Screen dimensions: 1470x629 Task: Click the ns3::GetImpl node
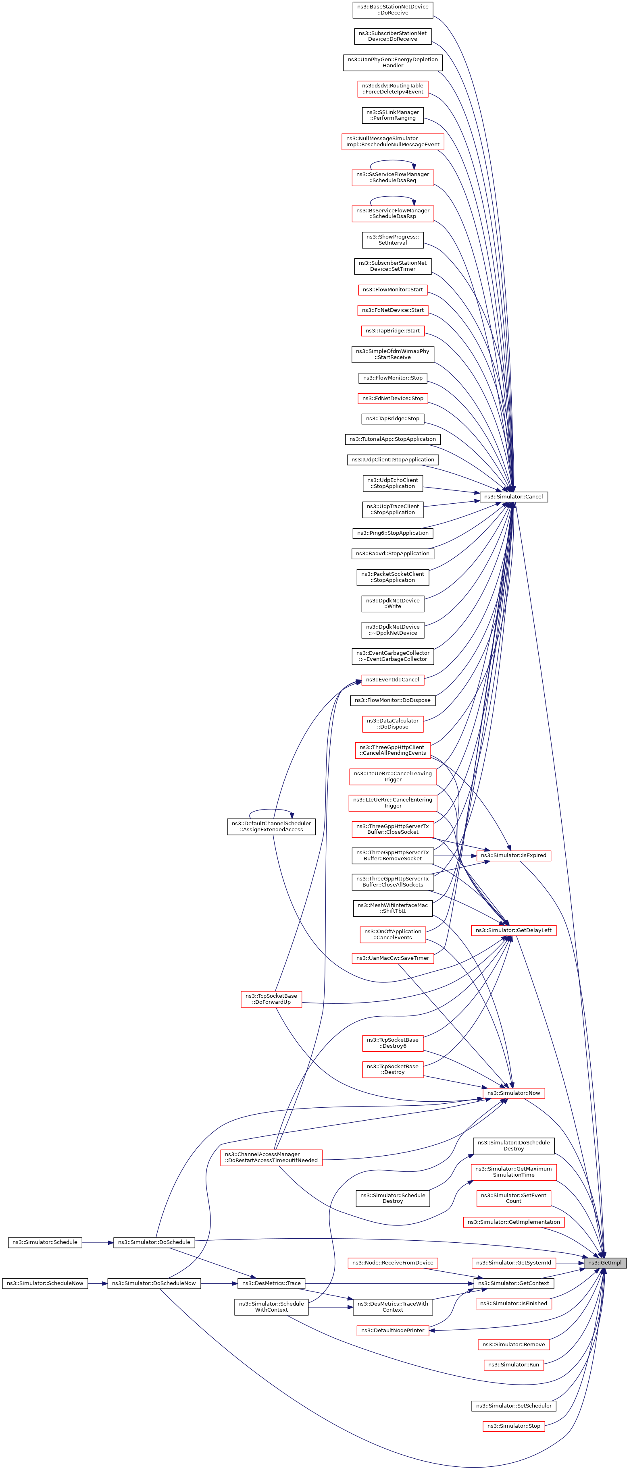coord(604,1262)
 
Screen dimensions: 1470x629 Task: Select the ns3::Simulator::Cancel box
coord(513,496)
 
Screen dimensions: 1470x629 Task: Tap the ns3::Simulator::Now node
coord(513,1093)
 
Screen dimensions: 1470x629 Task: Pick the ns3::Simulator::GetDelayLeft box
coord(513,930)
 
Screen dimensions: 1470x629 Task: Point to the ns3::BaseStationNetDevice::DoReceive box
coord(392,10)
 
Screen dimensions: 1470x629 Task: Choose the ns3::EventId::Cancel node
coord(392,680)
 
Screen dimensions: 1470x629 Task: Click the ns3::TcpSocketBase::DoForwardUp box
coord(271,999)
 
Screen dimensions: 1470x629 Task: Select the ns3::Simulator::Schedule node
coord(44,1242)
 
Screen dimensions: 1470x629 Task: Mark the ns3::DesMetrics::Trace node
coord(271,1283)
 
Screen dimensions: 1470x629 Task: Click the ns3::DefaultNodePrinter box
coord(392,1330)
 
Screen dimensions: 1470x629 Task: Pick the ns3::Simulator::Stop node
coord(513,1426)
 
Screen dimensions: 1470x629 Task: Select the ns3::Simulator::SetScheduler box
coord(513,1406)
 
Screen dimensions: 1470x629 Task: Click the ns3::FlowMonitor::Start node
coord(392,289)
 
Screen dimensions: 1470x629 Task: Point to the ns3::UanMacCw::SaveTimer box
coord(392,958)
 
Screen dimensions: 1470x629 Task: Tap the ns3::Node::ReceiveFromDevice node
coord(392,1262)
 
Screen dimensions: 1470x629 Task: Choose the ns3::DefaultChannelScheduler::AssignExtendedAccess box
coord(271,826)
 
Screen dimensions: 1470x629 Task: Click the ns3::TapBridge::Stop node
coord(392,418)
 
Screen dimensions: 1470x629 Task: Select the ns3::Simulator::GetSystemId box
coord(513,1262)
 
